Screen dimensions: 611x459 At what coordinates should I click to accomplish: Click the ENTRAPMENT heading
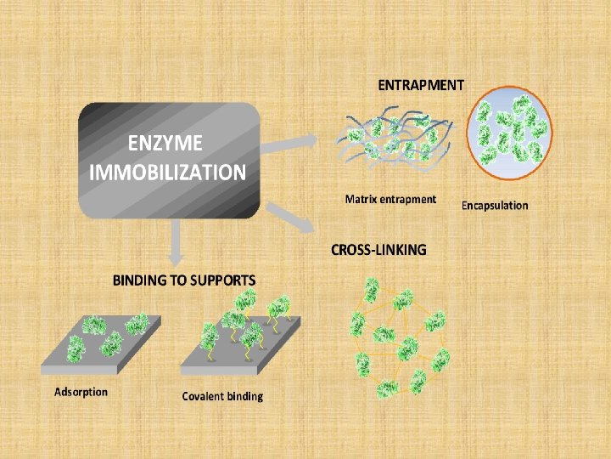tap(421, 85)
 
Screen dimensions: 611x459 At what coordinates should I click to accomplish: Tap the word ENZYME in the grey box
tap(165, 142)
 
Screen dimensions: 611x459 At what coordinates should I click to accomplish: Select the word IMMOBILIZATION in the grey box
tap(168, 173)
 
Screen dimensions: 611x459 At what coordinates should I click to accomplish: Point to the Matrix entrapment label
tap(390, 200)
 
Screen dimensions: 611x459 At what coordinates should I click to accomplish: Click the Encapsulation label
tap(495, 205)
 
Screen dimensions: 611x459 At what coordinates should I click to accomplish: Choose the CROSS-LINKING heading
tap(378, 250)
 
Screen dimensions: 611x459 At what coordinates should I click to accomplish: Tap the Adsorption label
tap(81, 392)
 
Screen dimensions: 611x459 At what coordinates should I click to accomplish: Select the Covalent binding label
tap(222, 396)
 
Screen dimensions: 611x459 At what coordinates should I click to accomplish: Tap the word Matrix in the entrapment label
tap(362, 200)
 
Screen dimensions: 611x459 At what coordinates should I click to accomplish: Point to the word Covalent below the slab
tap(203, 396)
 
